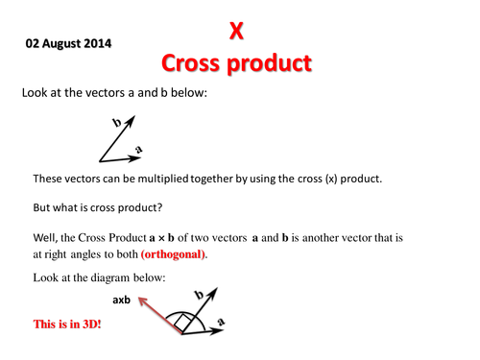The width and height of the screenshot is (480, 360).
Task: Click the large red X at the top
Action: (x=236, y=31)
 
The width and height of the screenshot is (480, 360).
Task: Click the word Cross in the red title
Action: (x=190, y=63)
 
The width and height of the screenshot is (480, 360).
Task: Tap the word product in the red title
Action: (x=269, y=63)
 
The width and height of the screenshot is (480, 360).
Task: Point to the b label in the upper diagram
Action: (x=117, y=122)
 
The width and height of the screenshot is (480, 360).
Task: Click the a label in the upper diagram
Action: (x=138, y=149)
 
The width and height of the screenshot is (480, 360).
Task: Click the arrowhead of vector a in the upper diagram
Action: (x=135, y=158)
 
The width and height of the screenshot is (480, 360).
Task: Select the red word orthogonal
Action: (x=173, y=254)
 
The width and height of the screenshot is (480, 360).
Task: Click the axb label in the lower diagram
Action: (x=121, y=300)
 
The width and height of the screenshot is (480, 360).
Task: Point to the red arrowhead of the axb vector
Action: (x=142, y=300)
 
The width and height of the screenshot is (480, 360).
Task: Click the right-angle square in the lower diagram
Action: (x=182, y=323)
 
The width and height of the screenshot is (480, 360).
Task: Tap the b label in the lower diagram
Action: (x=200, y=295)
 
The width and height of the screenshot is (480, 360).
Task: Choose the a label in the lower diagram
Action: (x=221, y=322)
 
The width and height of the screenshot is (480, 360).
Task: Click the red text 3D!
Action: (x=92, y=324)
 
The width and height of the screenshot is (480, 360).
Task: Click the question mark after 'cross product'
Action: (x=160, y=207)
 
